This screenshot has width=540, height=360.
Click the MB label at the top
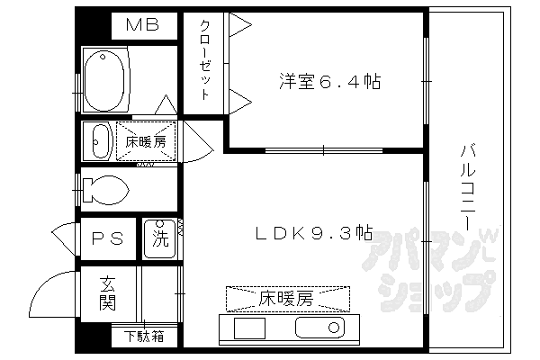[x=141, y=24]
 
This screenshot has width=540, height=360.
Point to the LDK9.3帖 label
[x=312, y=233]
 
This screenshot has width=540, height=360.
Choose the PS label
[x=107, y=239]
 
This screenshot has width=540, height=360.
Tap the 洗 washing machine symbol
[x=159, y=239]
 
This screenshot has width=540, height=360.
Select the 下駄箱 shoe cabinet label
[x=144, y=337]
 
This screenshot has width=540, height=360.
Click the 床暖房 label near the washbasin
[x=146, y=140]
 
